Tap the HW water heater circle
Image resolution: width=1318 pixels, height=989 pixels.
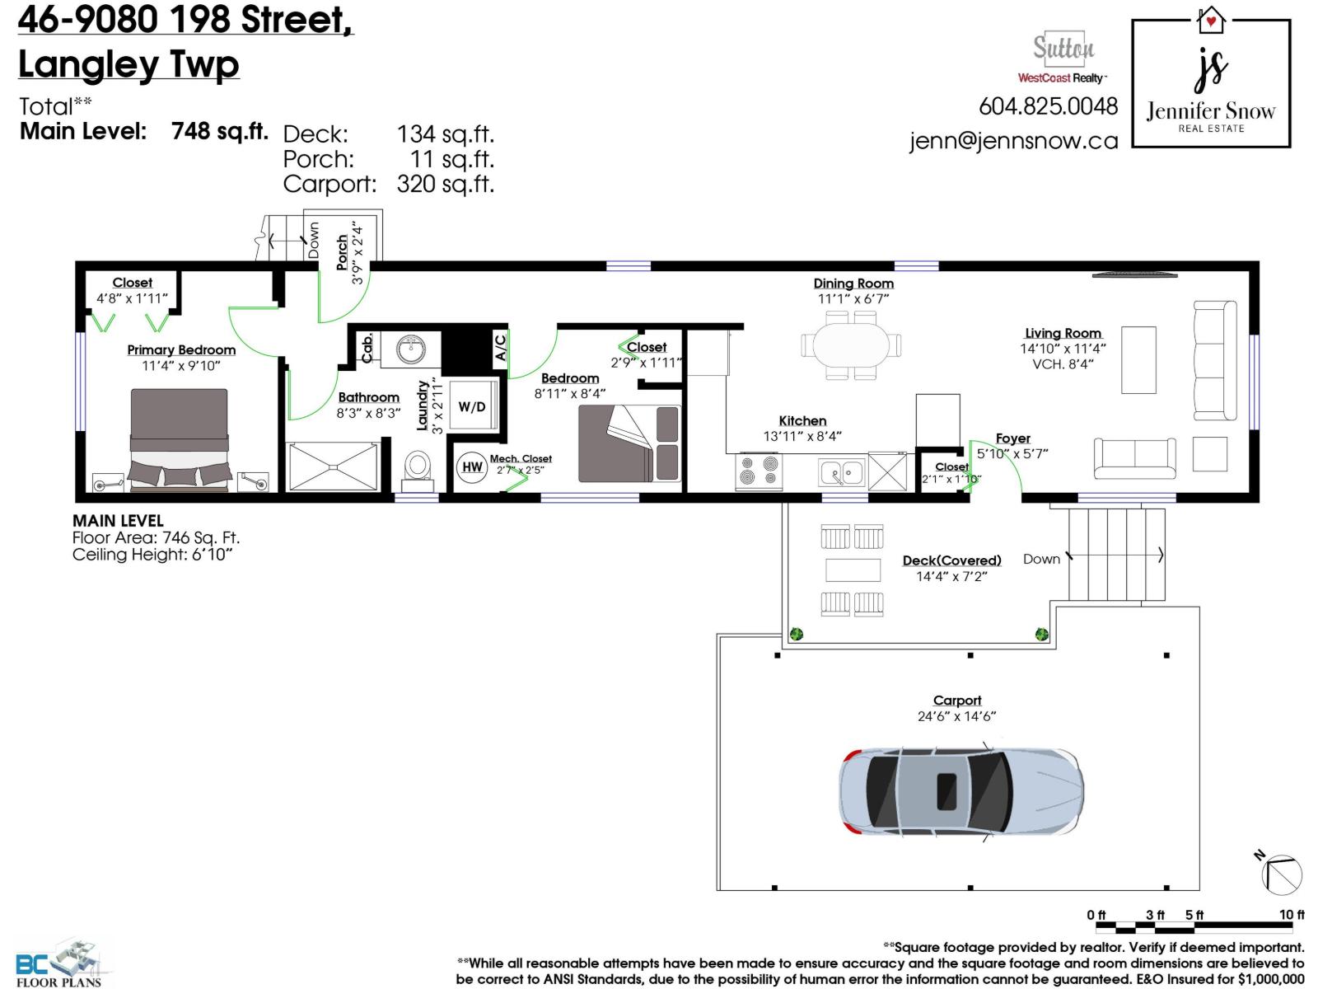(472, 467)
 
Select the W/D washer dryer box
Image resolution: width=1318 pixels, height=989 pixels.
(472, 406)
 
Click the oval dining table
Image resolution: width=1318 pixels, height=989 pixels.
(852, 345)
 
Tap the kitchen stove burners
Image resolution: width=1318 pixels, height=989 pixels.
(759, 471)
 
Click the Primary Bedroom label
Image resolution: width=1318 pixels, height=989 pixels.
(181, 350)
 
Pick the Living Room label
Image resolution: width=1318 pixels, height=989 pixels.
(1063, 333)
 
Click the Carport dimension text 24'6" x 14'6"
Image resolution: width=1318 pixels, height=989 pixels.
(956, 716)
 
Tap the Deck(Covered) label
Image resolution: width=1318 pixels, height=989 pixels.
(951, 560)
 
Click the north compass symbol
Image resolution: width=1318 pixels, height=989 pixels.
(1281, 874)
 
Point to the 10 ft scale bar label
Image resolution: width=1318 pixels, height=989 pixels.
(1292, 915)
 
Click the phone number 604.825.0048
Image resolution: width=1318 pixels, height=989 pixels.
(1048, 106)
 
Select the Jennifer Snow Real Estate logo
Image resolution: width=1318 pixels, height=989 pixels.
(1210, 83)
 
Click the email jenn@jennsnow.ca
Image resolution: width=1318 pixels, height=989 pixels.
(1013, 141)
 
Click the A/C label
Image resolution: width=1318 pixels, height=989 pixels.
(500, 347)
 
